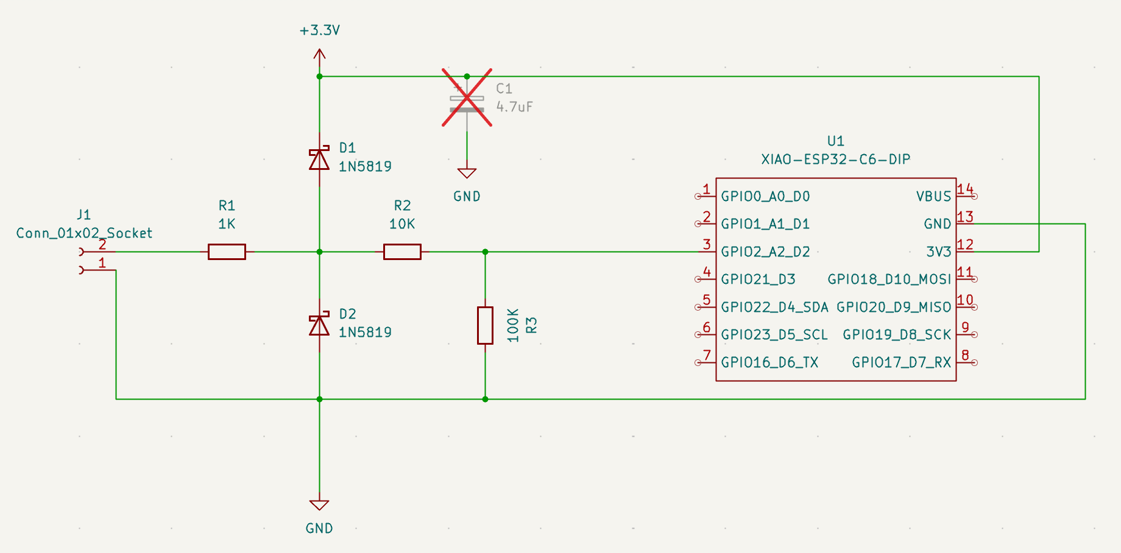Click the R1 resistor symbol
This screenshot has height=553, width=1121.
point(227,252)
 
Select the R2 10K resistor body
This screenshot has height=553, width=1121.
point(402,252)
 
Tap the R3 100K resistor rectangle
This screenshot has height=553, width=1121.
point(485,325)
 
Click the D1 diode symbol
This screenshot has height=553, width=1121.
point(319,160)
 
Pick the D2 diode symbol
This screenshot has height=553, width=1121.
point(319,325)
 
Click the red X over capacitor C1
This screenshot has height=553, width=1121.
point(467,97)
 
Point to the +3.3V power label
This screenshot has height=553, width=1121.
point(319,30)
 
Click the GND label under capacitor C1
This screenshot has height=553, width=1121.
point(467,196)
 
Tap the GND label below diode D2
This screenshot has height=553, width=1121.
point(319,528)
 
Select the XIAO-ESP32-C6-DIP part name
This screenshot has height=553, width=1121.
point(835,160)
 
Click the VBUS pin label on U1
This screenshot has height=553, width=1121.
point(933,196)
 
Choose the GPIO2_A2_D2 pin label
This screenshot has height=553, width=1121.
point(765,252)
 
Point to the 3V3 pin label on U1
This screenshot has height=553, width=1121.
point(938,252)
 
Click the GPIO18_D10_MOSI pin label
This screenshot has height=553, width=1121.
point(889,279)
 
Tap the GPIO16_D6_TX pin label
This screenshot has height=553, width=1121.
point(769,362)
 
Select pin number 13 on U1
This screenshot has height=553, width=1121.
point(965,217)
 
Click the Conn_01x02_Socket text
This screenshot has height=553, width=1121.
point(84,233)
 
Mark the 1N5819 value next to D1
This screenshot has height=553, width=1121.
point(365,166)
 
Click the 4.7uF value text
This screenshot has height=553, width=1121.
point(514,107)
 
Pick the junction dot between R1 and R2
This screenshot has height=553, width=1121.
point(319,252)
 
